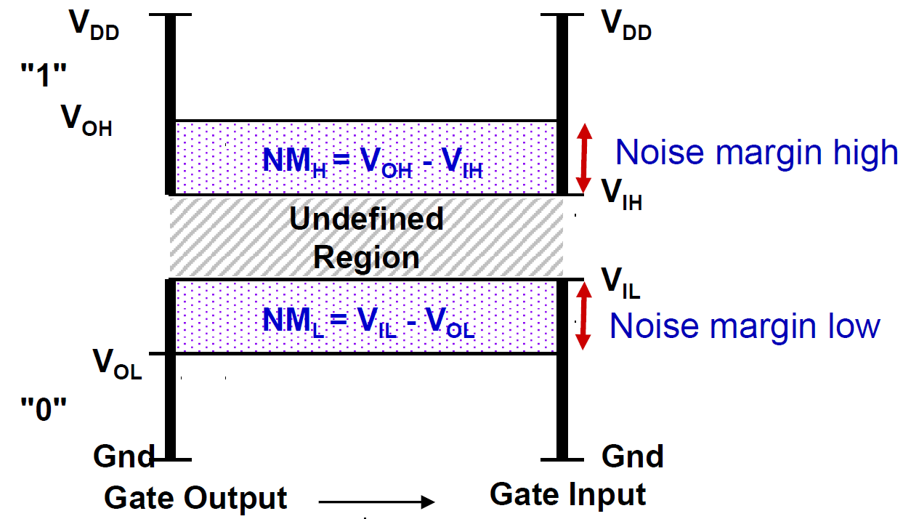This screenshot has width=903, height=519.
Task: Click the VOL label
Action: coord(117,363)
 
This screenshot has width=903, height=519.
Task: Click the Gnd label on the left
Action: coord(123,457)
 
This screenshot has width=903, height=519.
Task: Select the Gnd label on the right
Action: coord(632,456)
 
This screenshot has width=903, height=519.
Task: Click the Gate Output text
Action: coord(196,499)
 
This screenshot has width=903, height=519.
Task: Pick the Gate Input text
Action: coord(567,494)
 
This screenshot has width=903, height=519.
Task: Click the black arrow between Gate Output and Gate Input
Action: coord(376,502)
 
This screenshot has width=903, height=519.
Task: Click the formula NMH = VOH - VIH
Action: coord(373,161)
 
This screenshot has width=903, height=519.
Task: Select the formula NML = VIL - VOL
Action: coord(368,321)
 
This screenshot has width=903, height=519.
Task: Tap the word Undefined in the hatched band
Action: coord(366,219)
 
